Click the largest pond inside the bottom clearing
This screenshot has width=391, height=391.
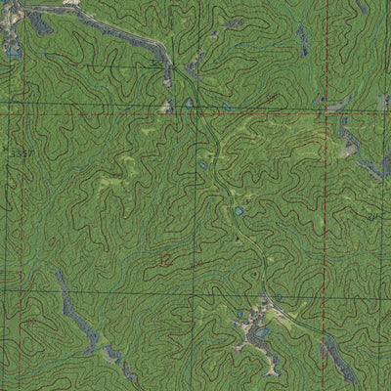pos(262,333)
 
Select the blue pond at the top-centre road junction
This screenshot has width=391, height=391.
pos(188,102)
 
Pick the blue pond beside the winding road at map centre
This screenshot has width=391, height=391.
pos(238,210)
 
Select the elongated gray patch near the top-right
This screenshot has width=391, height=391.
pos(302,39)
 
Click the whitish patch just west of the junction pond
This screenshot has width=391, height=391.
pos(168,105)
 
